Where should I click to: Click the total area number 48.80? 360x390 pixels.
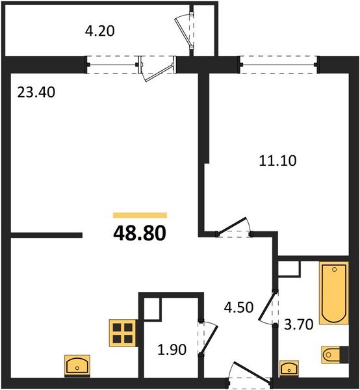coord(140,232)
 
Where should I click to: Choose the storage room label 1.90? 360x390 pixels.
coord(173,350)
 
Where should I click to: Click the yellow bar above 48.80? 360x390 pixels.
coord(140,214)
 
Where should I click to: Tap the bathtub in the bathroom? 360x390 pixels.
coord(333,293)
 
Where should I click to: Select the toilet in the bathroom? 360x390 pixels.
coord(331,355)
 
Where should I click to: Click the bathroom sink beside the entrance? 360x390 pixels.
coord(287,368)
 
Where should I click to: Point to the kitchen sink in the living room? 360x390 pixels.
coord(78,365)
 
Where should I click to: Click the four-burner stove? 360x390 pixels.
coord(122,332)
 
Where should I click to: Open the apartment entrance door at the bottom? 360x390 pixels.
coord(247,376)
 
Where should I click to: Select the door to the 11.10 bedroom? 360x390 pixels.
coord(234,228)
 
